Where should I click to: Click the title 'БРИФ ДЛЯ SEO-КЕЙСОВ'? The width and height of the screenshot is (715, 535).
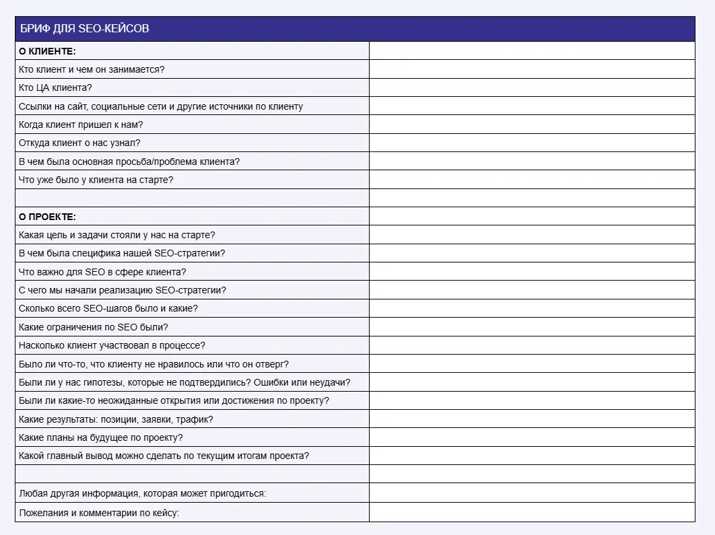(84, 29)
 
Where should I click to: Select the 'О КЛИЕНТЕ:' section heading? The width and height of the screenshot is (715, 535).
(47, 51)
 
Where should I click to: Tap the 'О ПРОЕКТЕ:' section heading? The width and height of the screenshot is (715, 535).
(47, 217)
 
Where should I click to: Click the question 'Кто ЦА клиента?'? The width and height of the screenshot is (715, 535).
(55, 87)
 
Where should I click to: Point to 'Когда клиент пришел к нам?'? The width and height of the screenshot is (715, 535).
(81, 124)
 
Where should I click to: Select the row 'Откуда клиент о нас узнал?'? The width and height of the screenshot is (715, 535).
(79, 143)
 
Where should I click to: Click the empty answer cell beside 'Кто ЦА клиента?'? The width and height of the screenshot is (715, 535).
(532, 87)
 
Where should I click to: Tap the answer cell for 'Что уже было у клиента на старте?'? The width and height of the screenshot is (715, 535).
(532, 180)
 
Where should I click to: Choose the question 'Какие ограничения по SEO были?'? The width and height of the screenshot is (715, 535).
(93, 327)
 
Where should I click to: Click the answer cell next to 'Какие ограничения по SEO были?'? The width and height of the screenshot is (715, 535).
(532, 327)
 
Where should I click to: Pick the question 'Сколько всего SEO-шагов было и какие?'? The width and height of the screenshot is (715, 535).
(108, 308)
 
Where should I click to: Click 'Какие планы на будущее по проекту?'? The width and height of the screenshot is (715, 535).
(101, 437)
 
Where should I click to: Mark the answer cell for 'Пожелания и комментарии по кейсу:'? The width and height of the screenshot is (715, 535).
(532, 513)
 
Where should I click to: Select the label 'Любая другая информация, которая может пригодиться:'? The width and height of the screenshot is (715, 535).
(142, 493)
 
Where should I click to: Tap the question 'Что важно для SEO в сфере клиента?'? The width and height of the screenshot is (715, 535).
(102, 272)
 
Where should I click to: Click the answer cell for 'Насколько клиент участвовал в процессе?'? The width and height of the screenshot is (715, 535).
(532, 345)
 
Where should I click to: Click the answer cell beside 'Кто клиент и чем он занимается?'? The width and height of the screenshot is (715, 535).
(532, 69)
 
